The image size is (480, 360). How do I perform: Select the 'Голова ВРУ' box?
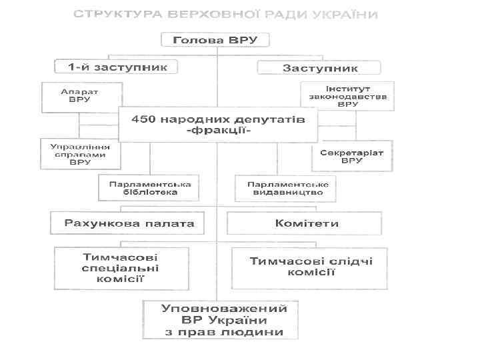pos(215,40)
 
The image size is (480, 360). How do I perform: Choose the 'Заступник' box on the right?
pos(319,67)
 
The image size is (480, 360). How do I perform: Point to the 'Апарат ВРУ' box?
pos(81,97)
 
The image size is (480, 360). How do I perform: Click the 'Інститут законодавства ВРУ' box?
pos(347,96)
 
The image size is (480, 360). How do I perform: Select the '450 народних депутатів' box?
pos(218,124)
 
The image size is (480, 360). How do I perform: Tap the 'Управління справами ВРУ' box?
pos(81,154)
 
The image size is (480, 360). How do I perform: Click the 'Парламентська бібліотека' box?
pos(149,187)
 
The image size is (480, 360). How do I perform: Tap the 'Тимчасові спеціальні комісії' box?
pos(120,267)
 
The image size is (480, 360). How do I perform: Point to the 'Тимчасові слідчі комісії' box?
pos(310,267)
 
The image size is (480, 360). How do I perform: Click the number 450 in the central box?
pos(144,119)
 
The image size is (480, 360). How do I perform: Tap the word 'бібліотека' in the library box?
pos(149,192)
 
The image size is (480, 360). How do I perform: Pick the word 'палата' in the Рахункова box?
pos(171,223)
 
